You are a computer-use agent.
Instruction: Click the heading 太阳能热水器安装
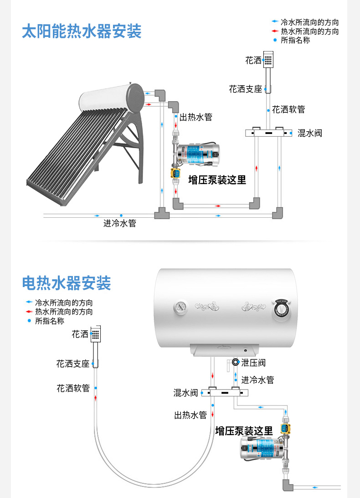coord(82,31)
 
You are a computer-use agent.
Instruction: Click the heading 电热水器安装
coord(67,283)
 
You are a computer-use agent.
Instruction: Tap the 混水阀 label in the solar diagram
coord(310,133)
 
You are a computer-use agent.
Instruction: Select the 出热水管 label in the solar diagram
coord(196,117)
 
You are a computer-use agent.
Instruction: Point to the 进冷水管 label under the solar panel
coord(120,224)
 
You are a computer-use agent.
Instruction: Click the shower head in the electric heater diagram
coord(96,335)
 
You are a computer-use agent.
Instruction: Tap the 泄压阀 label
coord(253,363)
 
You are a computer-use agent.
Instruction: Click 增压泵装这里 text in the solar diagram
coord(217,180)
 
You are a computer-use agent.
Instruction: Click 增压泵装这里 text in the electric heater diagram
coord(244,431)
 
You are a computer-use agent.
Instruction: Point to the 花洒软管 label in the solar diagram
coord(288,109)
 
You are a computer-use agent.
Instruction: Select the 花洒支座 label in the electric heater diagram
coord(73,364)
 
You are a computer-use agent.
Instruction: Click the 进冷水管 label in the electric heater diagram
coord(257,380)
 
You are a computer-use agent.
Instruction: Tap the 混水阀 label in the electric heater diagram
coord(185,392)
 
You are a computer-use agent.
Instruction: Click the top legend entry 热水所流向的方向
coord(310,31)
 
